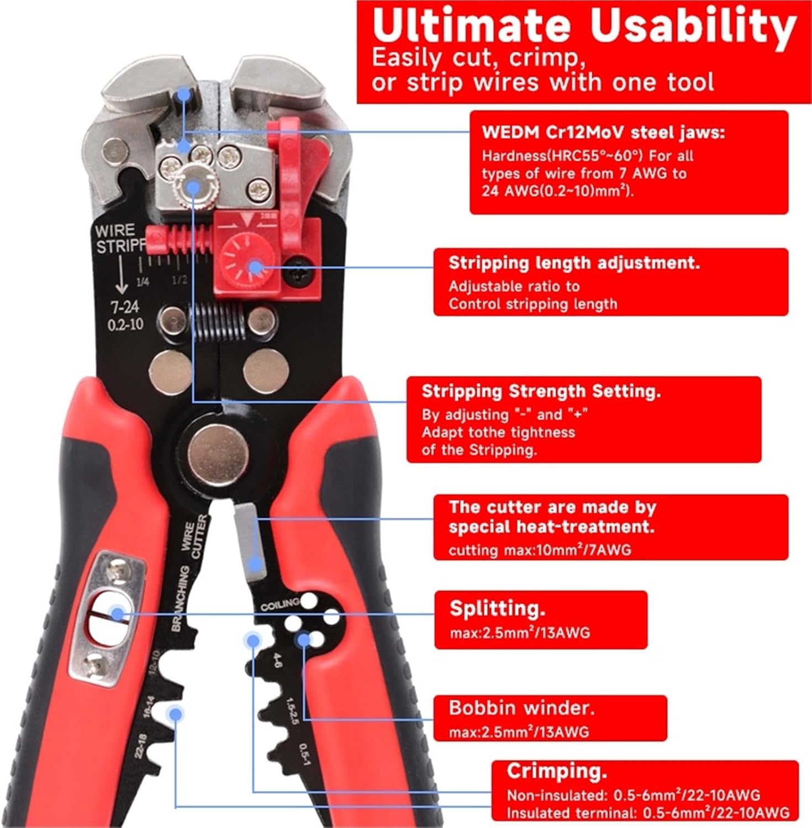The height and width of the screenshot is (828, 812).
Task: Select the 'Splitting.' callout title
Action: [x=497, y=608]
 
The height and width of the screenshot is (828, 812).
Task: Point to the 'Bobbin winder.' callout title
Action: [x=521, y=708]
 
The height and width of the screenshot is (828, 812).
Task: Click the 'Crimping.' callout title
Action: [x=557, y=771]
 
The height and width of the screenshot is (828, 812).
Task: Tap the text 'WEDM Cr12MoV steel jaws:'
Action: [x=603, y=132]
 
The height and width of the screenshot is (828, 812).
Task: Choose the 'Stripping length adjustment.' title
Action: [x=573, y=263]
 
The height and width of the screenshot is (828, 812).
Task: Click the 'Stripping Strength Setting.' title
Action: [x=541, y=391]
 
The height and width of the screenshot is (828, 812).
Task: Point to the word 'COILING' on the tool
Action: [x=280, y=604]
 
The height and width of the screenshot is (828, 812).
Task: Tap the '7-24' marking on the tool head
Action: [x=125, y=307]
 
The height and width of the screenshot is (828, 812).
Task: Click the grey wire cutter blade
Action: [x=247, y=544]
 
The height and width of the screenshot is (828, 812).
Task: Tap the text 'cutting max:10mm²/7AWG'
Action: [x=539, y=550]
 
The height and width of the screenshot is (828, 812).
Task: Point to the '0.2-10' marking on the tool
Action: [x=125, y=324]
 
